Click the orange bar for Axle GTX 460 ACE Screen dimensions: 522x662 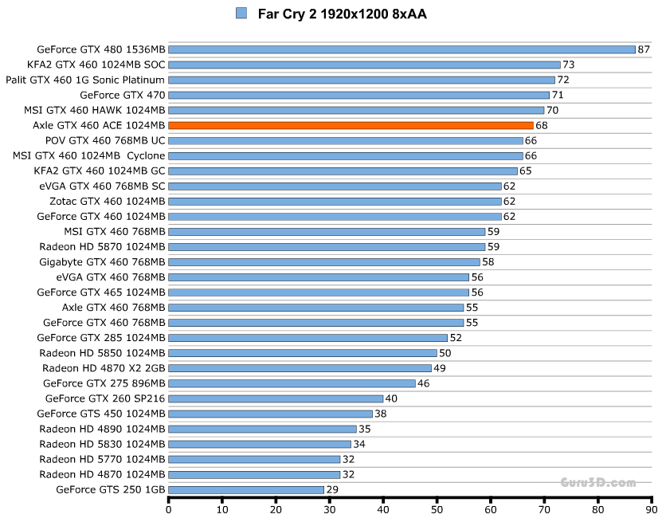pos(351,125)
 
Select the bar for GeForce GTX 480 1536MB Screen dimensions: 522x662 pos(402,49)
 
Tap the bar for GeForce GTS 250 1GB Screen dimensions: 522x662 pos(246,489)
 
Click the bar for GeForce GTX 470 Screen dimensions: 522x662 pos(358,95)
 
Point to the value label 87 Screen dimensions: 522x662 pos(644,49)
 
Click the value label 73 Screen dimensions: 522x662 pos(568,65)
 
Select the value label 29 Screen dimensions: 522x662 pos(331,489)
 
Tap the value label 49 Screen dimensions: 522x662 pos(439,368)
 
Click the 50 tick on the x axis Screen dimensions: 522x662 pos(437,508)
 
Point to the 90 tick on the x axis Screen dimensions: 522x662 pos(651,508)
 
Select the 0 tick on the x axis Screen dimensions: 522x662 pos(169,508)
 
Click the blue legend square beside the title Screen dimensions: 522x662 pos(241,13)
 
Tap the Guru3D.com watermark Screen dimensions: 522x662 pos(598,482)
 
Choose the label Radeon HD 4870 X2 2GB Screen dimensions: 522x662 pos(104,368)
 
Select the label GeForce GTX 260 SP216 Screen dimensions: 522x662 pos(105,398)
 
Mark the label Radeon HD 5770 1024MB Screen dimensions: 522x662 pos(102,459)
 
